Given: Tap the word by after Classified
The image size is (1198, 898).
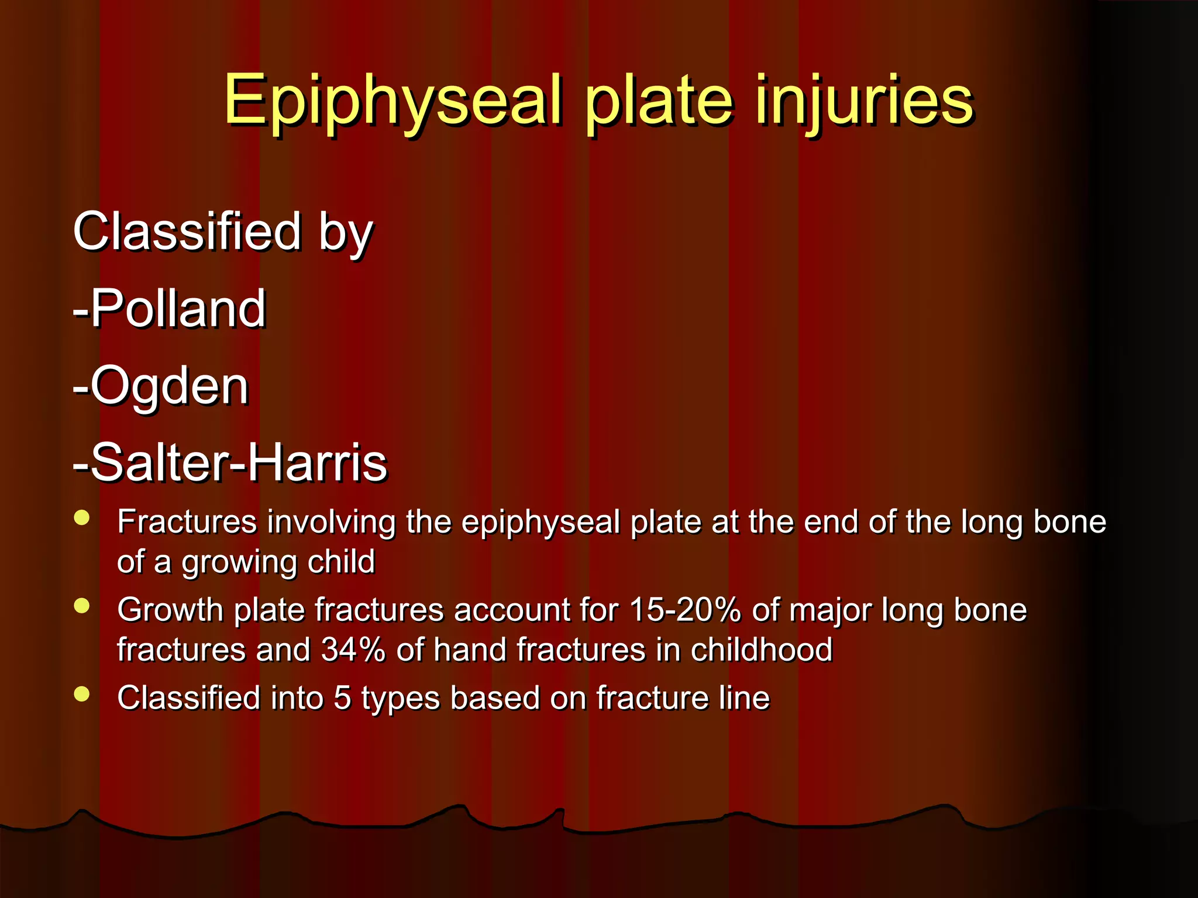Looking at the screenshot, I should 345,232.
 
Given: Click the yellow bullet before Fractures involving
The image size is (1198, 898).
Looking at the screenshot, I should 82,518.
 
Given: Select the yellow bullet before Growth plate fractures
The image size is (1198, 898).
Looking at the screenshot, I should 82,606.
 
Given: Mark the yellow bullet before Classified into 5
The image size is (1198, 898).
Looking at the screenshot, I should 82,694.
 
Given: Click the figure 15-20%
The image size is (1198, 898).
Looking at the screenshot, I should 685,610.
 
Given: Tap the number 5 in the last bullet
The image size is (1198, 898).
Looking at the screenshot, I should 342,697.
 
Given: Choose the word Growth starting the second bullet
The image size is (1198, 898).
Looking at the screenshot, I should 170,610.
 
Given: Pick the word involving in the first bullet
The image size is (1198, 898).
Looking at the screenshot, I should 331,522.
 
